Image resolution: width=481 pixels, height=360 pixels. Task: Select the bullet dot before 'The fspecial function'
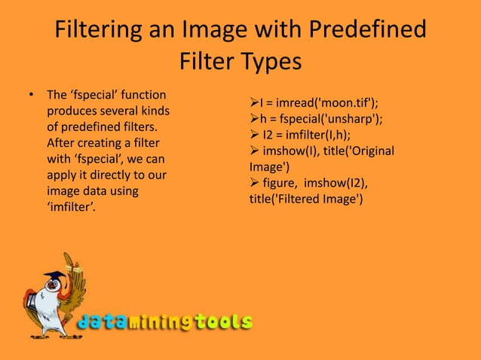[31, 96]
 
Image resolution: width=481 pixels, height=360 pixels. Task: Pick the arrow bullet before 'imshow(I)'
[254, 151]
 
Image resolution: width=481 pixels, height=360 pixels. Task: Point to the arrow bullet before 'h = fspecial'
[254, 118]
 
